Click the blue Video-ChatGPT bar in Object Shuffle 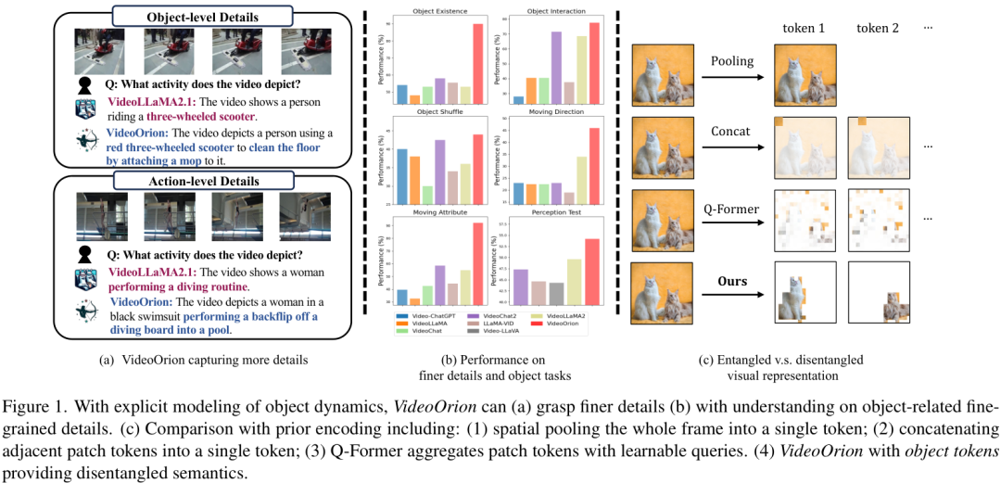[x=402, y=175]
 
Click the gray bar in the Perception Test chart [x=556, y=294]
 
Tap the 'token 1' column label [x=804, y=28]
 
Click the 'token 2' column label [x=878, y=28]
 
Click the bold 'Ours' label [x=730, y=280]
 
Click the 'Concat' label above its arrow [x=730, y=133]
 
